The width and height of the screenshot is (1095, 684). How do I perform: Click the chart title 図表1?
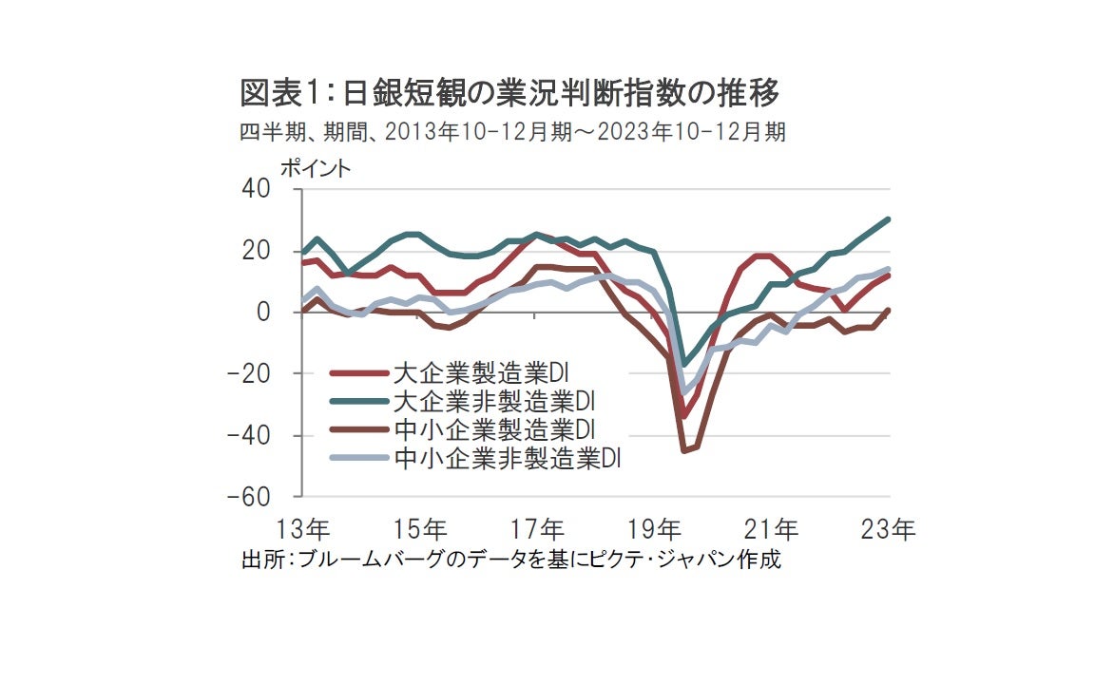click(509, 94)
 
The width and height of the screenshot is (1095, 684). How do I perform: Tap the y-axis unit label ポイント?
click(315, 168)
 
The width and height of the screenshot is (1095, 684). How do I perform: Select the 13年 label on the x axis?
click(304, 529)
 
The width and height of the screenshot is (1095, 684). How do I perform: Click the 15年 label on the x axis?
click(421, 529)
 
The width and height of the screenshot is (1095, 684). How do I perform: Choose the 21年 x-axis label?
click(773, 529)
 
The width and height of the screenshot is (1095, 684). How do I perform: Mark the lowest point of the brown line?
click(683, 450)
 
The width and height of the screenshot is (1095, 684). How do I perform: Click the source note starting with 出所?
click(511, 560)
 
